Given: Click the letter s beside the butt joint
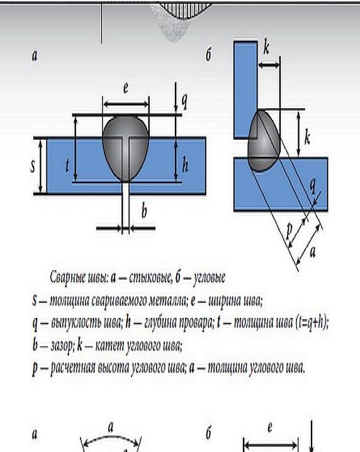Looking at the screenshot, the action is click(33, 166).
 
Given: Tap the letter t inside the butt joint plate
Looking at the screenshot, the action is click(67, 165).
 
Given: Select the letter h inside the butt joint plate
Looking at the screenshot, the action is click(185, 165).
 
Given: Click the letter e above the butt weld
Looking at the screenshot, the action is click(126, 88).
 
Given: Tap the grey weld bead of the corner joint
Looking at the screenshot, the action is click(263, 140).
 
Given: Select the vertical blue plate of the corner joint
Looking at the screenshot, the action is click(245, 90).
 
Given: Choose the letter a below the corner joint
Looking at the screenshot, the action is click(312, 252).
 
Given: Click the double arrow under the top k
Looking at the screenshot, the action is click(269, 65).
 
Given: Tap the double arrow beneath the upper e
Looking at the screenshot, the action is click(126, 104).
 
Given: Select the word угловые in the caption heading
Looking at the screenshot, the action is click(209, 278).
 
